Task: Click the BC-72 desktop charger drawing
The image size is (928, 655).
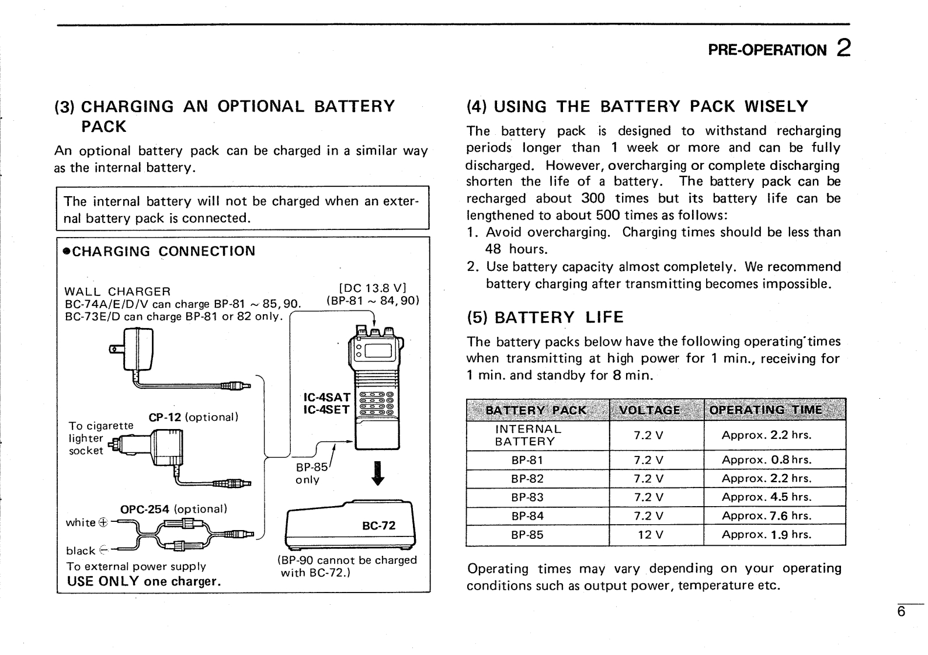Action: coord(349,525)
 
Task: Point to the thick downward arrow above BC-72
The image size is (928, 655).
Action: coord(378,473)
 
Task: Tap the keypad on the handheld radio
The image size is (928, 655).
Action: coord(378,402)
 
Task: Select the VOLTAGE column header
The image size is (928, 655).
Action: coord(649,410)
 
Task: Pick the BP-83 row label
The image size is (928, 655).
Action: coord(527,497)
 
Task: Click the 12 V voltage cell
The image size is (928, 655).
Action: coord(649,535)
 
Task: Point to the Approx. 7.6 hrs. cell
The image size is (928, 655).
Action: coord(766,516)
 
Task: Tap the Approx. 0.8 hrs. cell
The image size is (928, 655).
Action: coord(766,460)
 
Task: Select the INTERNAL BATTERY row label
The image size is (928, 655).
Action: coord(527,435)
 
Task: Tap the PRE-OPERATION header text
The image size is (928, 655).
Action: coord(767,50)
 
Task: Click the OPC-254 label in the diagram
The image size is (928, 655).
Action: coord(145,509)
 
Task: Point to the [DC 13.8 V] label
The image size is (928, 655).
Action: coord(373,288)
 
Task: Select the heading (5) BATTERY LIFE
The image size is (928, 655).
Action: coord(545,318)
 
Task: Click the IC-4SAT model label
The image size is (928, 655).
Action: coord(326,398)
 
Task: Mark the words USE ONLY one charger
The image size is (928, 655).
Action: coord(144,581)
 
